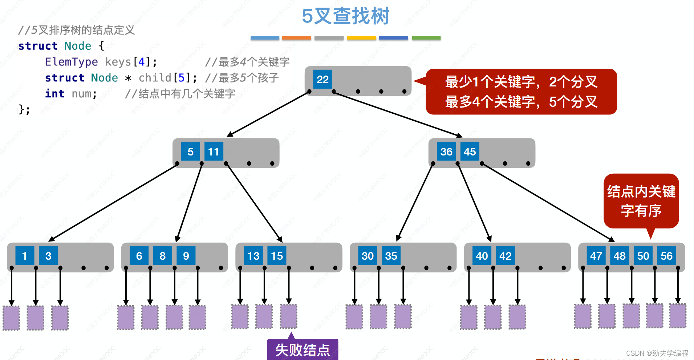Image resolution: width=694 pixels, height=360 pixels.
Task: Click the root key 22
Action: (322, 79)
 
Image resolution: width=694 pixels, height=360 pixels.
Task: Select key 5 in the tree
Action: (190, 151)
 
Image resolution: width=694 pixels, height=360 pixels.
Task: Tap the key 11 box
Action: (214, 151)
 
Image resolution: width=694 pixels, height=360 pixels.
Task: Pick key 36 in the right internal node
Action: (446, 151)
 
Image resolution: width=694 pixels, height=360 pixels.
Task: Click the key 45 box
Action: (470, 151)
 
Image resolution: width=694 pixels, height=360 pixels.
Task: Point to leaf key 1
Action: (25, 256)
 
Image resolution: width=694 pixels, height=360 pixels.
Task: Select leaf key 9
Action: (186, 256)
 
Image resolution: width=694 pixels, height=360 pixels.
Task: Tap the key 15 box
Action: (277, 256)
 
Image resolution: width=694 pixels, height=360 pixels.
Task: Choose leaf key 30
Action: (368, 256)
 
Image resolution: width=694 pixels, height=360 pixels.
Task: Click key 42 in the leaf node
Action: (505, 256)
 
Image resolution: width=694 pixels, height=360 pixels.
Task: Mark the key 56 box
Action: (666, 256)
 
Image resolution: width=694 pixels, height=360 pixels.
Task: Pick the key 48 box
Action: (620, 256)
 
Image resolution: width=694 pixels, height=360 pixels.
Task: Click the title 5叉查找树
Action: (345, 16)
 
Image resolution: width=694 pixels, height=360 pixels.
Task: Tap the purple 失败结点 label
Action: (303, 350)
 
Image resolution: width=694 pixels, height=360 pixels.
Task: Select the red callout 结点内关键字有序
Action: (641, 201)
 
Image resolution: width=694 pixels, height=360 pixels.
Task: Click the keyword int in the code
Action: (54, 94)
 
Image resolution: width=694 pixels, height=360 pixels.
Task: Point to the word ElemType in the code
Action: (71, 62)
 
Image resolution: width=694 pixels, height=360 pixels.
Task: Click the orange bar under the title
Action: (296, 38)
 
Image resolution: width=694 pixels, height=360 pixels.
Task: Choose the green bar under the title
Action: (426, 38)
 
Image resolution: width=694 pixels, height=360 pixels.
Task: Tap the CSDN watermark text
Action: (657, 353)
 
